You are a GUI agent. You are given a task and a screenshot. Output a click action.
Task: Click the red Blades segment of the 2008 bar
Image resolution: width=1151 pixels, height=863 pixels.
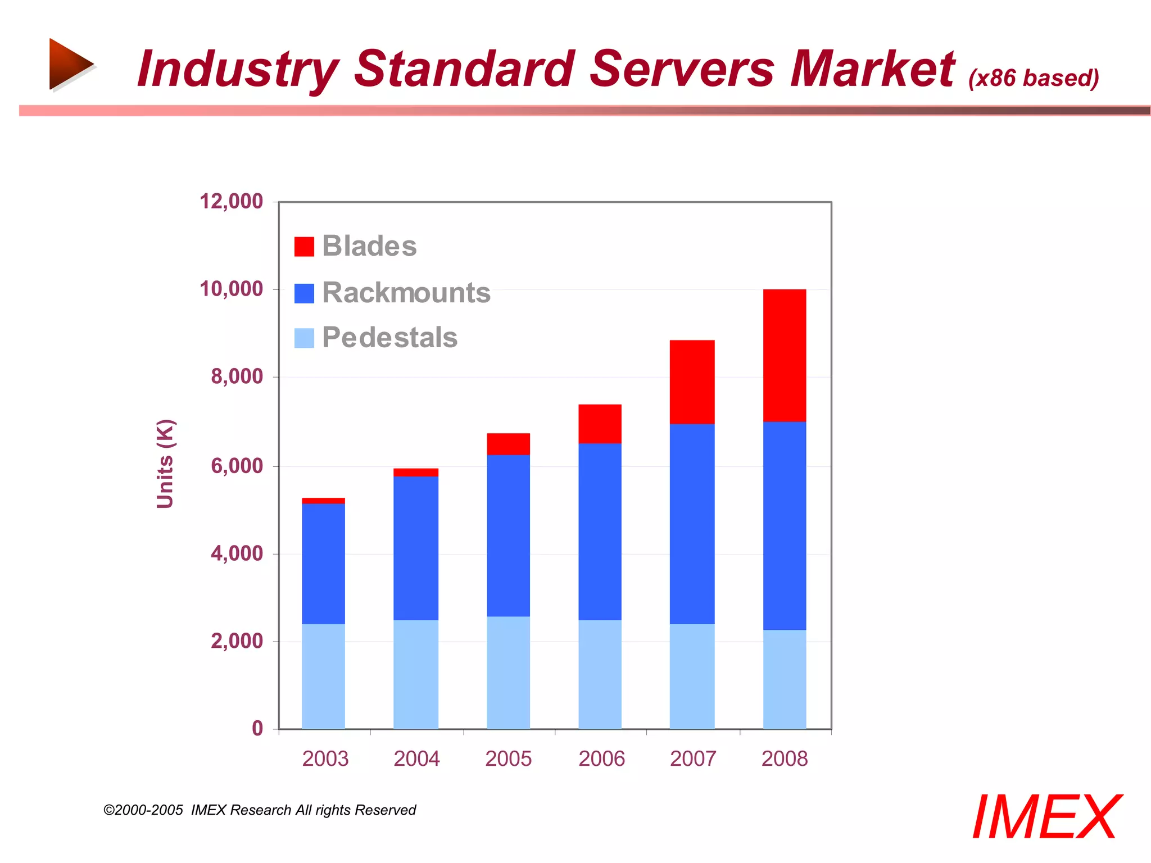[x=784, y=355]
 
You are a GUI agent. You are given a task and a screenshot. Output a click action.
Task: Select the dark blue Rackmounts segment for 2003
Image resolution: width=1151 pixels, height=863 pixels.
[x=323, y=564]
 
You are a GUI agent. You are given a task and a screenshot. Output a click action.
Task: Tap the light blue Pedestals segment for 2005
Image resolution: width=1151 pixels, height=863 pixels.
[x=508, y=673]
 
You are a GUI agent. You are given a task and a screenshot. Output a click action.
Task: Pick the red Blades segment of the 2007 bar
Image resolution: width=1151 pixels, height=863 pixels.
[x=692, y=381]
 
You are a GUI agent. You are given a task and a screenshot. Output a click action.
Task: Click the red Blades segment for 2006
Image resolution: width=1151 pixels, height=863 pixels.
[x=600, y=424]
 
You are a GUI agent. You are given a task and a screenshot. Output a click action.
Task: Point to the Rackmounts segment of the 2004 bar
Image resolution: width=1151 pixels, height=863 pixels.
[x=415, y=548]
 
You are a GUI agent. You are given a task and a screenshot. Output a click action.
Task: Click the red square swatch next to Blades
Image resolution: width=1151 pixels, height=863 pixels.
[x=304, y=247]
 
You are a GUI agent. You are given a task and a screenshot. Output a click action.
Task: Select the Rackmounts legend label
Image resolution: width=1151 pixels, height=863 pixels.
[x=406, y=293]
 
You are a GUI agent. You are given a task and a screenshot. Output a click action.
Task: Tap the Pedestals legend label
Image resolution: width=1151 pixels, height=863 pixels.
[x=389, y=338]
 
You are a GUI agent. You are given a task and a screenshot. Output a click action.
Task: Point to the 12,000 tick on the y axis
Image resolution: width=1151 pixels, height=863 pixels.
[x=231, y=201]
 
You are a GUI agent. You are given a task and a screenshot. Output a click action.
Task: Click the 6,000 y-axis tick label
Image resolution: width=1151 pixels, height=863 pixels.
[x=237, y=466]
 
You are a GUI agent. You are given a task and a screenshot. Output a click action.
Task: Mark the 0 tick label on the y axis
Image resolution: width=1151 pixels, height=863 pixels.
[x=257, y=728]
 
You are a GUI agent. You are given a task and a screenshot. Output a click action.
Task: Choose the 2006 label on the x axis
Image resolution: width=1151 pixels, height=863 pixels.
[x=601, y=758]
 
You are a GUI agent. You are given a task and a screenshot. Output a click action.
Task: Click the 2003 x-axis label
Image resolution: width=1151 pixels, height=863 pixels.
[x=325, y=758]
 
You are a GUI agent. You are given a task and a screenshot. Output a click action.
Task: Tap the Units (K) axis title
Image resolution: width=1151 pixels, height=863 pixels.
[x=165, y=464]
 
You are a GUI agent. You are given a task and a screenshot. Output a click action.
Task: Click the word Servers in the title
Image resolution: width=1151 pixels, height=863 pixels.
[x=682, y=69]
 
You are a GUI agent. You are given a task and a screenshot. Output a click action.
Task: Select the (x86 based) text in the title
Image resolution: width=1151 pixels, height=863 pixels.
[x=1033, y=78]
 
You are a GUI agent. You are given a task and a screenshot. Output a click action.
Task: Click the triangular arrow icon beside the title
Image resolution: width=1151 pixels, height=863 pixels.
[x=70, y=64]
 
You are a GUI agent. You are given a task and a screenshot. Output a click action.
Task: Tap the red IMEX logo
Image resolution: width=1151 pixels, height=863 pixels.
[x=1046, y=817]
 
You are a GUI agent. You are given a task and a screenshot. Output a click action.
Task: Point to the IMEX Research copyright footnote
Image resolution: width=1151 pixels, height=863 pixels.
[x=260, y=810]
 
